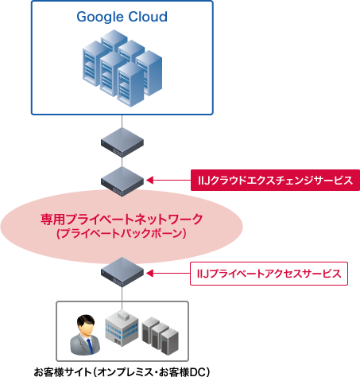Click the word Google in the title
coord(101,17)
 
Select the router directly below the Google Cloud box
coord(122,142)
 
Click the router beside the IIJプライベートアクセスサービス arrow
coord(122,273)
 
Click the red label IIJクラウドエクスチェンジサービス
coord(274,180)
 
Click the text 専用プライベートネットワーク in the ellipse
coord(122,219)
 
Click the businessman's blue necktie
coord(87,344)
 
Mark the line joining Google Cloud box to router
coord(122,121)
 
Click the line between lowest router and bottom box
coord(122,293)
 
